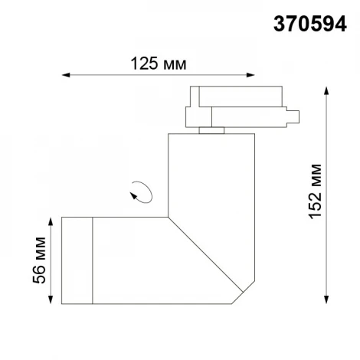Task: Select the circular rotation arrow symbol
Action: [140, 191]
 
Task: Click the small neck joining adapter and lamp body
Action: [209, 132]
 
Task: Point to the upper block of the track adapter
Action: [234, 98]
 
